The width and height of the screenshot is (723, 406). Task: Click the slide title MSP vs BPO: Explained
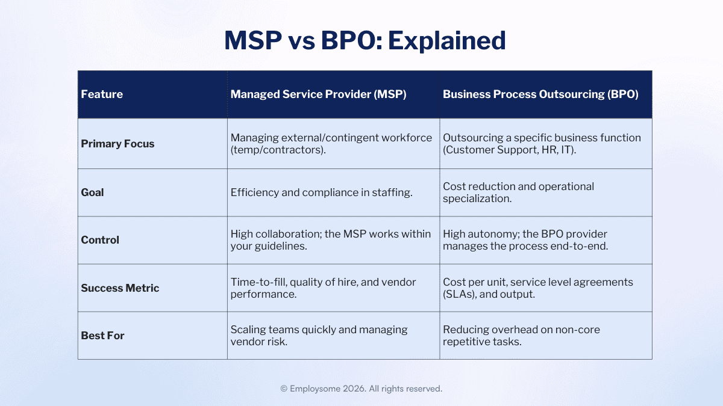365,40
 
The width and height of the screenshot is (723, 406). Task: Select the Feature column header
102,94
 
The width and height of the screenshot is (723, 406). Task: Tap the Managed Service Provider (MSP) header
318,94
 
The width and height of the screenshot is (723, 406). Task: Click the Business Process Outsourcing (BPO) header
540,94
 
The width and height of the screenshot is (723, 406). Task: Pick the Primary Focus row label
117,144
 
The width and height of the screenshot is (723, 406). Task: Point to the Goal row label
92,192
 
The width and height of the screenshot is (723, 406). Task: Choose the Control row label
100,240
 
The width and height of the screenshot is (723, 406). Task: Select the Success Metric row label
120,288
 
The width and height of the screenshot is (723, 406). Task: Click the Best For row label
102,336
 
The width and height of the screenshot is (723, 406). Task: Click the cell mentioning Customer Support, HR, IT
542,144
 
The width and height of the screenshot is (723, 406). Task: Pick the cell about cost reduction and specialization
518,192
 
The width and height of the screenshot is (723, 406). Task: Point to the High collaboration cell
330,240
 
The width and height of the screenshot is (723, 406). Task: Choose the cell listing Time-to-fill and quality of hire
323,288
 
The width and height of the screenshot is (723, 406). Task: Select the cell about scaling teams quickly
319,336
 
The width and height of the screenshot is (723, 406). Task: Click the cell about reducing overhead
521,336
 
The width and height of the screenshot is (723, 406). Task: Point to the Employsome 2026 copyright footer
361,389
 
